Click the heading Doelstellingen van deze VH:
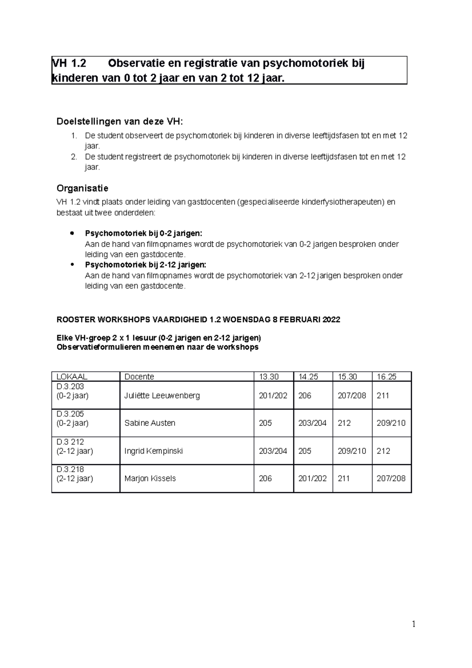pyautogui.click(x=120, y=121)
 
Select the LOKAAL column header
pyautogui.click(x=72, y=376)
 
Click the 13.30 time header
pyautogui.click(x=268, y=376)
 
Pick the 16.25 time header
pyautogui.click(x=386, y=376)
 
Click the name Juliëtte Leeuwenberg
pyautogui.click(x=162, y=395)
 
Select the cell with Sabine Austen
pyautogui.click(x=149, y=423)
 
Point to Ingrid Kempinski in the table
pyautogui.click(x=153, y=451)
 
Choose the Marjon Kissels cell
pyautogui.click(x=150, y=478)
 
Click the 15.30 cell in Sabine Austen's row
pyautogui.click(x=344, y=423)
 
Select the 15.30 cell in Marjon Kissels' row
pyautogui.click(x=343, y=478)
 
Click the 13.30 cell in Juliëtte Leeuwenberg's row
pyautogui.click(x=273, y=395)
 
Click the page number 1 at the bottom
pyautogui.click(x=413, y=624)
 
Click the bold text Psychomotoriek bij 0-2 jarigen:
pyautogui.click(x=144, y=233)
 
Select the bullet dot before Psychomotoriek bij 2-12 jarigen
pyautogui.click(x=72, y=264)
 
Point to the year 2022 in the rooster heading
pyautogui.click(x=331, y=319)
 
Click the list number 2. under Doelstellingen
pyautogui.click(x=74, y=157)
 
